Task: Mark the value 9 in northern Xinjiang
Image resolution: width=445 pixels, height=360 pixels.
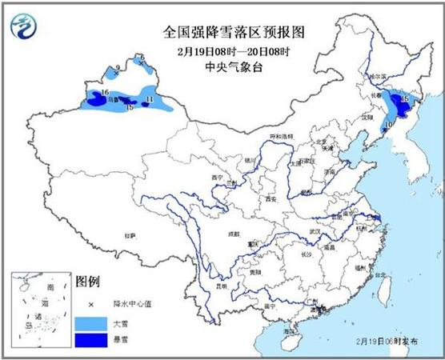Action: pos(118,68)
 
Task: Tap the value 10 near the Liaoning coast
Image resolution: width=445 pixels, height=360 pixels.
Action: pos(387,125)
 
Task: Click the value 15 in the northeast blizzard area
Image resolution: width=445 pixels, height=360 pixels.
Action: pos(405,98)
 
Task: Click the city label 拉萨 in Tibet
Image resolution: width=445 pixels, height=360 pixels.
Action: pos(130,235)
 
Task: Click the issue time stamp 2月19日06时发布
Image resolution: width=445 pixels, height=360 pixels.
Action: pos(392,340)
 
